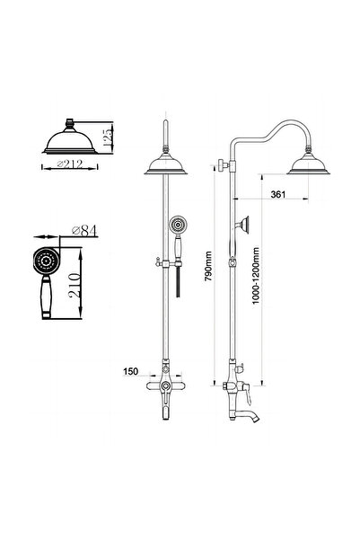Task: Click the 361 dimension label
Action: point(278,194)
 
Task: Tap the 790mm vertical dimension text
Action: point(208,266)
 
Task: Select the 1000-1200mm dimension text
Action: point(255,276)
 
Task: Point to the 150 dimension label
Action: point(131,372)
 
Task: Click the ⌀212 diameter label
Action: point(70,164)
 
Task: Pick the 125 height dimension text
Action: point(108,138)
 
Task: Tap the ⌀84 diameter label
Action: point(84,231)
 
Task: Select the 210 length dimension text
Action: point(75,285)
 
